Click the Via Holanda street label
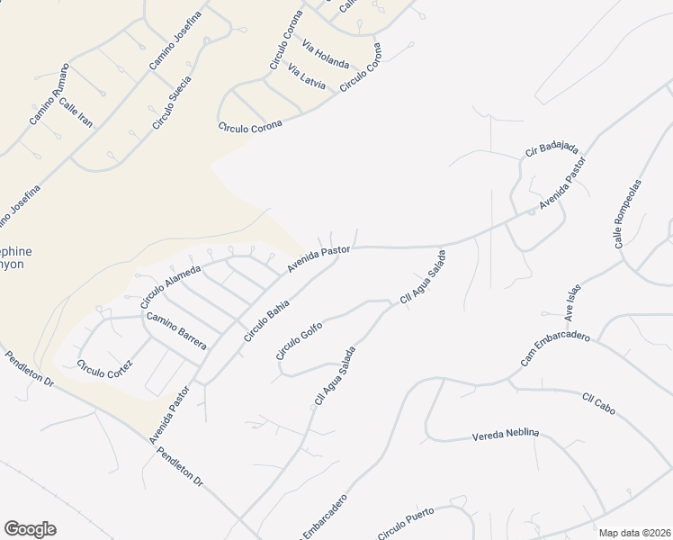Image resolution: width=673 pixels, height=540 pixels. (326, 54)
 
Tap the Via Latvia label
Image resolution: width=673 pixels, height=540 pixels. (307, 76)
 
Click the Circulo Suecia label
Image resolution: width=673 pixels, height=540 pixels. (171, 102)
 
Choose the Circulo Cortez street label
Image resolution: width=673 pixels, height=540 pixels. (104, 367)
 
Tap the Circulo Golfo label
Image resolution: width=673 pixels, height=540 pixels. (299, 340)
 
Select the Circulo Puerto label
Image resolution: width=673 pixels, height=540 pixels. (406, 524)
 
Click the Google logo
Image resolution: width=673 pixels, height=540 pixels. (30, 529)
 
